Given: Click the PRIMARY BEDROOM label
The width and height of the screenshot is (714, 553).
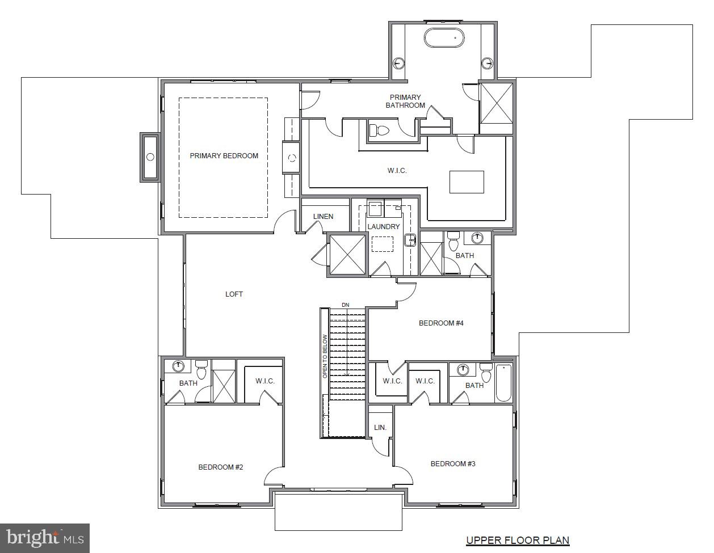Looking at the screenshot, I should tap(224, 156).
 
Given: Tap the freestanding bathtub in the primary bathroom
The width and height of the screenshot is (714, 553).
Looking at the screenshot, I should tap(444, 38).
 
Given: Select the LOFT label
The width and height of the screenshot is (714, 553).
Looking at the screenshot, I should tap(234, 294).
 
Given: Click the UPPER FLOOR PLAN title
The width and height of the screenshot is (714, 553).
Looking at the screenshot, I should tap(518, 541).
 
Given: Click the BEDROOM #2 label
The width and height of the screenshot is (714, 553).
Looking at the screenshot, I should tap(220, 467).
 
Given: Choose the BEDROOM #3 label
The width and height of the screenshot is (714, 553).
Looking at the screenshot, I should tap(452, 464).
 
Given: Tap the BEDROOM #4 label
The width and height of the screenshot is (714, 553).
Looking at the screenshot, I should tap(441, 323).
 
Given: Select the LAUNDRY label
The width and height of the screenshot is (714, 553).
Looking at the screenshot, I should tap(383, 227).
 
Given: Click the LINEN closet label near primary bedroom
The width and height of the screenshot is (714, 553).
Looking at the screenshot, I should tap(323, 217).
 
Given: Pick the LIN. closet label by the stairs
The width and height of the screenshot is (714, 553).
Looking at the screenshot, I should tap(380, 428).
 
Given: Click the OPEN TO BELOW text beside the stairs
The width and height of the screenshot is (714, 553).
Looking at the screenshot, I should tap(325, 356).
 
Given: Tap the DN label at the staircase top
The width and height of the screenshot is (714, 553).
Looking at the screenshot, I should tap(345, 305).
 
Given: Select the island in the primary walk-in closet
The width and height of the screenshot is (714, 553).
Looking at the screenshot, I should tap(467, 182).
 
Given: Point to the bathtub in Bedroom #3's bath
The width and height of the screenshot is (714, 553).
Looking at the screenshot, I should tap(503, 383).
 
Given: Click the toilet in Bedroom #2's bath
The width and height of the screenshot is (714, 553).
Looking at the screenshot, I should tap(201, 372).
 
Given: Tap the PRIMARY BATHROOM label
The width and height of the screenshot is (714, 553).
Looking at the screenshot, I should tap(405, 102).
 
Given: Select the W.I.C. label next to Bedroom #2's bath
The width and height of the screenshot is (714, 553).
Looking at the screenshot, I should tap(264, 381).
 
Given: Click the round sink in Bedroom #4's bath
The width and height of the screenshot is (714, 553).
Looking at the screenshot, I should tap(478, 237).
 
